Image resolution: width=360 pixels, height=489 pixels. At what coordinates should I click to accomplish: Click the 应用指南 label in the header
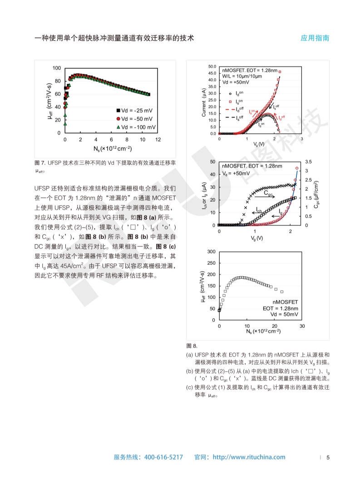315,38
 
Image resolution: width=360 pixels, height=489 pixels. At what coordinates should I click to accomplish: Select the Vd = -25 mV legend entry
136,110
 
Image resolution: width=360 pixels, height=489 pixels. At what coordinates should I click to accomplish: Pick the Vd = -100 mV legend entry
136,127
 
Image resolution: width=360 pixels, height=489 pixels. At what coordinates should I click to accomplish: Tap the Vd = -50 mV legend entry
136,119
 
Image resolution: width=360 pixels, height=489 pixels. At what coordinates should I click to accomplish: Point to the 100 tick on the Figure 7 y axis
56,68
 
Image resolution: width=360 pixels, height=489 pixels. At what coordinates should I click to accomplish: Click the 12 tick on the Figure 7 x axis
158,139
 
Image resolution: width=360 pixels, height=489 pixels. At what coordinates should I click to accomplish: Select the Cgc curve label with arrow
268,194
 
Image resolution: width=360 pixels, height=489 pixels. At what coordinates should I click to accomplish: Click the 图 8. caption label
192,346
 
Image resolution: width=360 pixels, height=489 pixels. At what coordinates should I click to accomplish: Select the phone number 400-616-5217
163,457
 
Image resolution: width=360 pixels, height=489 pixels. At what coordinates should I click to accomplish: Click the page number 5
328,457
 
